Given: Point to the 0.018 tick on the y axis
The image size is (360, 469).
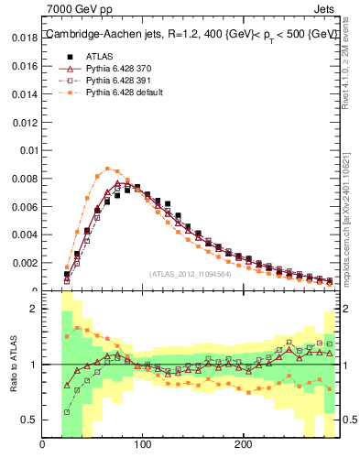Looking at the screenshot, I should point(26,38).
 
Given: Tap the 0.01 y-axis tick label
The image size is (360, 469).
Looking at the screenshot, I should point(28,150).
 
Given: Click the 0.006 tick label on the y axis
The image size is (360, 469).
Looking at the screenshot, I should point(26,207).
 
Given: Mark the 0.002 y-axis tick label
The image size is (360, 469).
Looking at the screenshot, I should point(26,263).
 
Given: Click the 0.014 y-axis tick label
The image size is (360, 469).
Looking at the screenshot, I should point(26,94).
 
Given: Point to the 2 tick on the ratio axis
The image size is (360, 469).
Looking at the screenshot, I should point(33,309).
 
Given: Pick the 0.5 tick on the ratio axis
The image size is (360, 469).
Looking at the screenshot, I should point(28,420).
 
